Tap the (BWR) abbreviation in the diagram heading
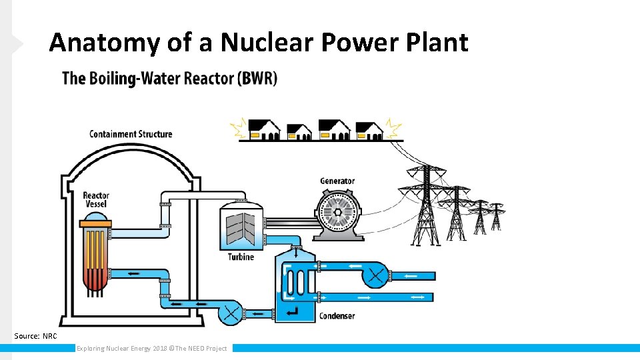(x=257, y=78)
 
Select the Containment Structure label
(x=131, y=134)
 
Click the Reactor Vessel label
(x=95, y=199)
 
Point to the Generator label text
(x=337, y=181)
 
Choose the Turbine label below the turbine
(x=241, y=257)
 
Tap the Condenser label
(x=337, y=315)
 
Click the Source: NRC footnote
(x=36, y=336)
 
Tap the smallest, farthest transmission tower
(x=495, y=216)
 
